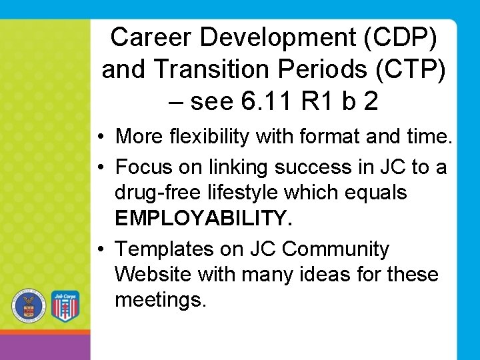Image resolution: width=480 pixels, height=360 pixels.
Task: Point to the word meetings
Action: (x=161, y=300)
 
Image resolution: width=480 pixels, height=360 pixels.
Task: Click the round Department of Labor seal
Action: (x=27, y=306)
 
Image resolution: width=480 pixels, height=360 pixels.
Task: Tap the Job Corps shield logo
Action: (x=65, y=306)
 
